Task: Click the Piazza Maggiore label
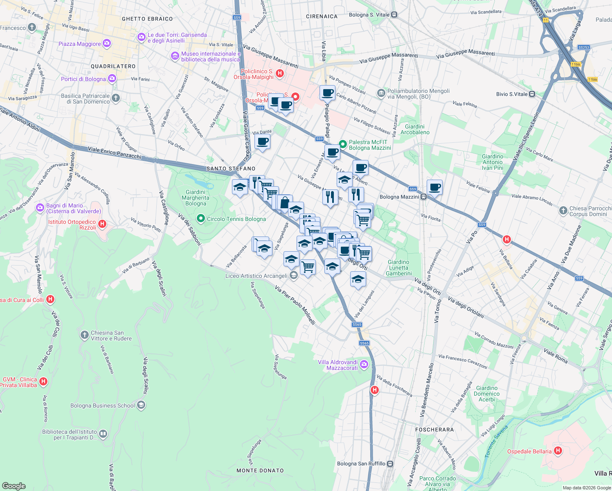[80, 44]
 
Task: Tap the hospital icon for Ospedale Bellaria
[558, 451]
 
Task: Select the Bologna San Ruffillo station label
[361, 464]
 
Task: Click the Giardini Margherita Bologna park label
[196, 198]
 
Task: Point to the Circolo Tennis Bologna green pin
[200, 219]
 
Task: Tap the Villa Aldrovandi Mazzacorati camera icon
[364, 364]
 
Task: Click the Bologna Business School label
[103, 405]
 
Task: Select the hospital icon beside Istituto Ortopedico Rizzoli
[103, 224]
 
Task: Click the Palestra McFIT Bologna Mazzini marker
[343, 144]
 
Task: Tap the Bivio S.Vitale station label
[512, 94]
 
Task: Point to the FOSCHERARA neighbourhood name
[434, 430]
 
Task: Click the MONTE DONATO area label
[260, 471]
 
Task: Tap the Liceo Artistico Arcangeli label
[256, 276]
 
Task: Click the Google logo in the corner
[14, 486]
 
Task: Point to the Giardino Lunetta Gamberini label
[398, 268]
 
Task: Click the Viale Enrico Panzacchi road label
[115, 153]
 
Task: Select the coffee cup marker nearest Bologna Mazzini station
[434, 187]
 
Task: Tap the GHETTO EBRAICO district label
[147, 19]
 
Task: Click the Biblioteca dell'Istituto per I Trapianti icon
[103, 434]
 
